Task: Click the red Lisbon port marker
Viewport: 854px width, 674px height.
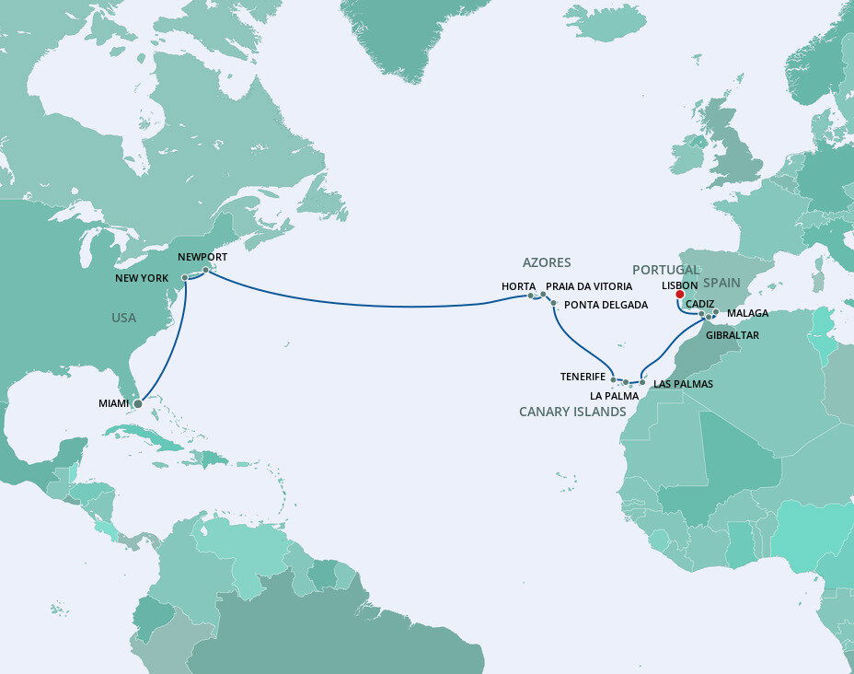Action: tap(680, 295)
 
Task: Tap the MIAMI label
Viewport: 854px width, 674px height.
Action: tap(114, 403)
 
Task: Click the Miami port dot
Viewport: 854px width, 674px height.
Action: tap(137, 403)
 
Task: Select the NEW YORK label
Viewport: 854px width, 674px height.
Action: tap(142, 277)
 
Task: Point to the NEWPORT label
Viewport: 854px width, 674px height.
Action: tap(202, 257)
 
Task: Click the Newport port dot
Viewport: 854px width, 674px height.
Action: tap(206, 270)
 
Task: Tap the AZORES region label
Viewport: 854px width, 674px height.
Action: tap(547, 262)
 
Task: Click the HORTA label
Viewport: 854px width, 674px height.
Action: tap(519, 286)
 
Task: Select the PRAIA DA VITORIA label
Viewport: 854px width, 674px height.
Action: tap(589, 286)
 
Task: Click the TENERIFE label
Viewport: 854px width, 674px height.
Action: tap(583, 377)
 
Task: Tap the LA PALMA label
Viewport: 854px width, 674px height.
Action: tap(614, 395)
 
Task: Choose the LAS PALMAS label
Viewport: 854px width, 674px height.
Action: tap(683, 383)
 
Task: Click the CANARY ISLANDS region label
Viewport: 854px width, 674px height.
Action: tap(572, 412)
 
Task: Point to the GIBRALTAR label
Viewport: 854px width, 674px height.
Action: tap(733, 335)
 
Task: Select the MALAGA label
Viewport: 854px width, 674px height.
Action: tap(747, 314)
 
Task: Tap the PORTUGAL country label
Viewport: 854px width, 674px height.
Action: tap(665, 270)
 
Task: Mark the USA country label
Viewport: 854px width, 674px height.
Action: tap(123, 318)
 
